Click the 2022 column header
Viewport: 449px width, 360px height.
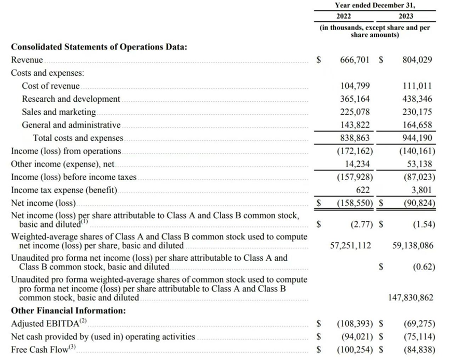[x=344, y=16]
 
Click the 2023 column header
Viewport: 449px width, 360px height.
[x=406, y=16]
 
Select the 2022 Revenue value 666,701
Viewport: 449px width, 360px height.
[x=355, y=60]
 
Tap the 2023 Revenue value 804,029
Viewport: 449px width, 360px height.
[x=417, y=60]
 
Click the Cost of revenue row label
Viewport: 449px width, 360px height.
[x=51, y=86]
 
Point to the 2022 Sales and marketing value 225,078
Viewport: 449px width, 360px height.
[x=355, y=112]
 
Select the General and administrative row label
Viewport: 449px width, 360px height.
[x=71, y=125]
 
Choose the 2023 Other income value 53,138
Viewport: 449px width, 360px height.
[x=420, y=164]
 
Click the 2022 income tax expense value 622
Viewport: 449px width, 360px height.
[x=363, y=190]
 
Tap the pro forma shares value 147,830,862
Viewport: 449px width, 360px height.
[x=410, y=298]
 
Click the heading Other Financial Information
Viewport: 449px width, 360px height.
[x=68, y=311]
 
